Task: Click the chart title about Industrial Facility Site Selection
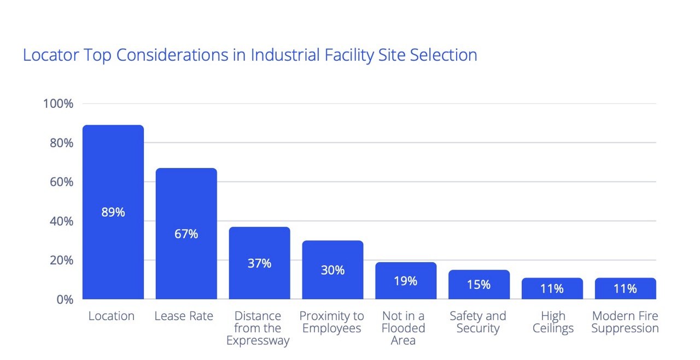250,55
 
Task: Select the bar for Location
113,212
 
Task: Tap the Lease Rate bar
186,234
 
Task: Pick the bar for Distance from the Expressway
259,263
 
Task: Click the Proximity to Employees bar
332,270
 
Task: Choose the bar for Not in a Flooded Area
406,281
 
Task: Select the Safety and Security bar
479,284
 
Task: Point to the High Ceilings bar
552,288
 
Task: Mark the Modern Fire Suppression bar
625,288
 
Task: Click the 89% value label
113,212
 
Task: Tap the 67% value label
186,234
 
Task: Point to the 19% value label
406,281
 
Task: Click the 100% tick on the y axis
58,103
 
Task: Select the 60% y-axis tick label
62,182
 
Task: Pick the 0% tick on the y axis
65,299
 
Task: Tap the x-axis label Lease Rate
184,316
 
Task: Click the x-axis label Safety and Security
478,322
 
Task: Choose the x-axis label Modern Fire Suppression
625,322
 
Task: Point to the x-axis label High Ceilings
553,322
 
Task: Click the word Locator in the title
51,55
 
